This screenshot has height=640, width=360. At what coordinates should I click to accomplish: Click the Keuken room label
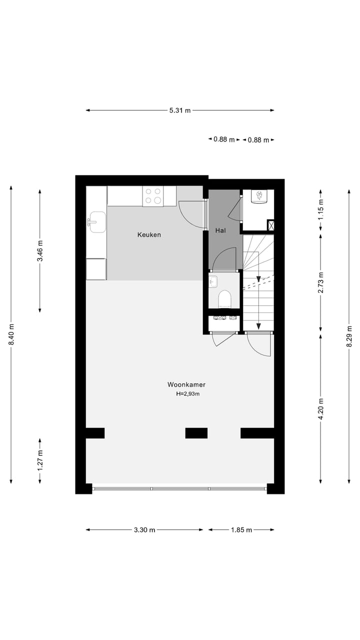[149, 234]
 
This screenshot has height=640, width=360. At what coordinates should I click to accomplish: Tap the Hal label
[220, 230]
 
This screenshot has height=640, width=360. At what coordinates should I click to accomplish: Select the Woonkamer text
[186, 385]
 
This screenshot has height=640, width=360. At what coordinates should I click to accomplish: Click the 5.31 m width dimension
[180, 110]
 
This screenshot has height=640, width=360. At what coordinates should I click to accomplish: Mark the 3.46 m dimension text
[40, 251]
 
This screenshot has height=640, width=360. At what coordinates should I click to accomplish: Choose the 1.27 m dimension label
[40, 460]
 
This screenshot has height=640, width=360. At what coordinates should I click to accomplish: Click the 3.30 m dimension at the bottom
[144, 530]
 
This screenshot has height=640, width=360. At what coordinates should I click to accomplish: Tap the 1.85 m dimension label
[241, 530]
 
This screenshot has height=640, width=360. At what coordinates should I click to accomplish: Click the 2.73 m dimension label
[321, 283]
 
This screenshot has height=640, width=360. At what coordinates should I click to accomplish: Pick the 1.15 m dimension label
[321, 209]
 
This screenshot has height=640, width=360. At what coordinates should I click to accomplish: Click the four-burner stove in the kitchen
[153, 196]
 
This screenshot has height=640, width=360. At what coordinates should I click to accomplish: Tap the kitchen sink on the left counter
[96, 222]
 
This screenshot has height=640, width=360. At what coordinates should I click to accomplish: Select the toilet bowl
[224, 299]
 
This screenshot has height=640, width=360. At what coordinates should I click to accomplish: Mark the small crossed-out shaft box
[270, 225]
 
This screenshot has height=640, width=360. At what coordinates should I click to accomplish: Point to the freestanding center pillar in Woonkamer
[196, 433]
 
